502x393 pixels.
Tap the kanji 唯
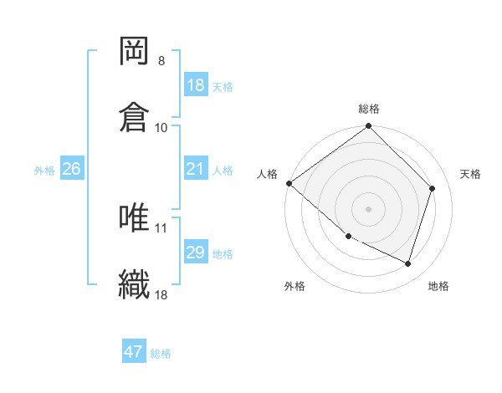tap(135, 218)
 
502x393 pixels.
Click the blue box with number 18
tap(195, 85)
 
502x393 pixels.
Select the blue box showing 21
tap(195, 169)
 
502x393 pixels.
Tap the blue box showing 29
tap(195, 253)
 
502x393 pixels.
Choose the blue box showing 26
tap(71, 169)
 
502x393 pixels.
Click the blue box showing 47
tap(134, 352)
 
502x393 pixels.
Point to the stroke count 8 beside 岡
tap(161, 61)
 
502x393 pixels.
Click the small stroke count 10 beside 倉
tap(161, 127)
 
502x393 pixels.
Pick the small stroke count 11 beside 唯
tap(161, 227)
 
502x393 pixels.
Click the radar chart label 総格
tap(369, 109)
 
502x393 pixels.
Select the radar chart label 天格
tap(471, 174)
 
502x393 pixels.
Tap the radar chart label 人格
tap(267, 174)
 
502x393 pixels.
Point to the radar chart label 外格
tap(295, 286)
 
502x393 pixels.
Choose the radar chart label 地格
tap(438, 286)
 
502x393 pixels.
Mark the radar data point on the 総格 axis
tap(369, 127)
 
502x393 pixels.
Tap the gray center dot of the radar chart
tap(369, 208)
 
